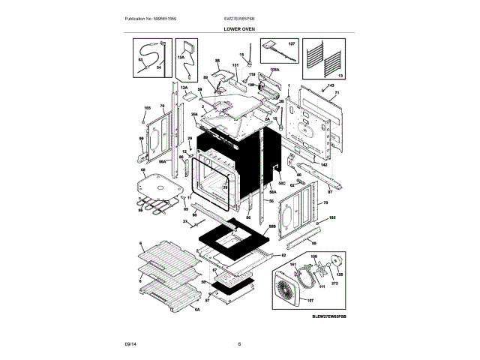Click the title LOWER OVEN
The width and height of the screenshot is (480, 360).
pyautogui.click(x=239, y=28)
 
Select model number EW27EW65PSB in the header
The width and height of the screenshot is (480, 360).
pyautogui.click(x=239, y=16)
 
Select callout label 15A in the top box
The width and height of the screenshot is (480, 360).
pyautogui.click(x=181, y=56)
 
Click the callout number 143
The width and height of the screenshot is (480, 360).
pyautogui.click(x=330, y=86)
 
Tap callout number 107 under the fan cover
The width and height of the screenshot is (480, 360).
pyautogui.click(x=310, y=298)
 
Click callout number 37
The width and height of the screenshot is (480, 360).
pyautogui.click(x=185, y=223)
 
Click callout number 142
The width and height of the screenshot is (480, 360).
pyautogui.click(x=324, y=164)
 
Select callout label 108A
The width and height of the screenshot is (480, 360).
pyautogui.click(x=274, y=70)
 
